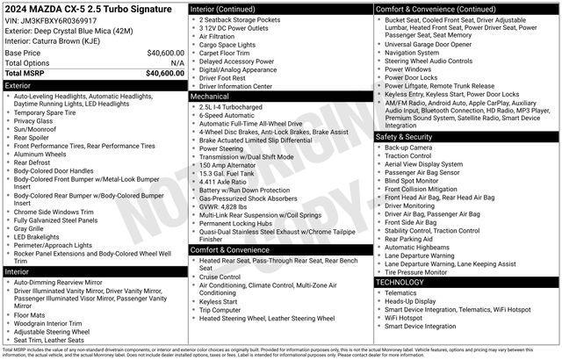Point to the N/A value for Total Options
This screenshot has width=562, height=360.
(x=177, y=63)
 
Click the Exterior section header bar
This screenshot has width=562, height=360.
(x=95, y=86)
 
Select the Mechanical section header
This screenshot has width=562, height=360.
(x=280, y=97)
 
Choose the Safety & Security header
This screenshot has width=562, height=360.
(x=466, y=137)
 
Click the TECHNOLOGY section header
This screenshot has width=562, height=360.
(x=466, y=282)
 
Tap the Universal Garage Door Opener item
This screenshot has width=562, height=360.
(x=428, y=44)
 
